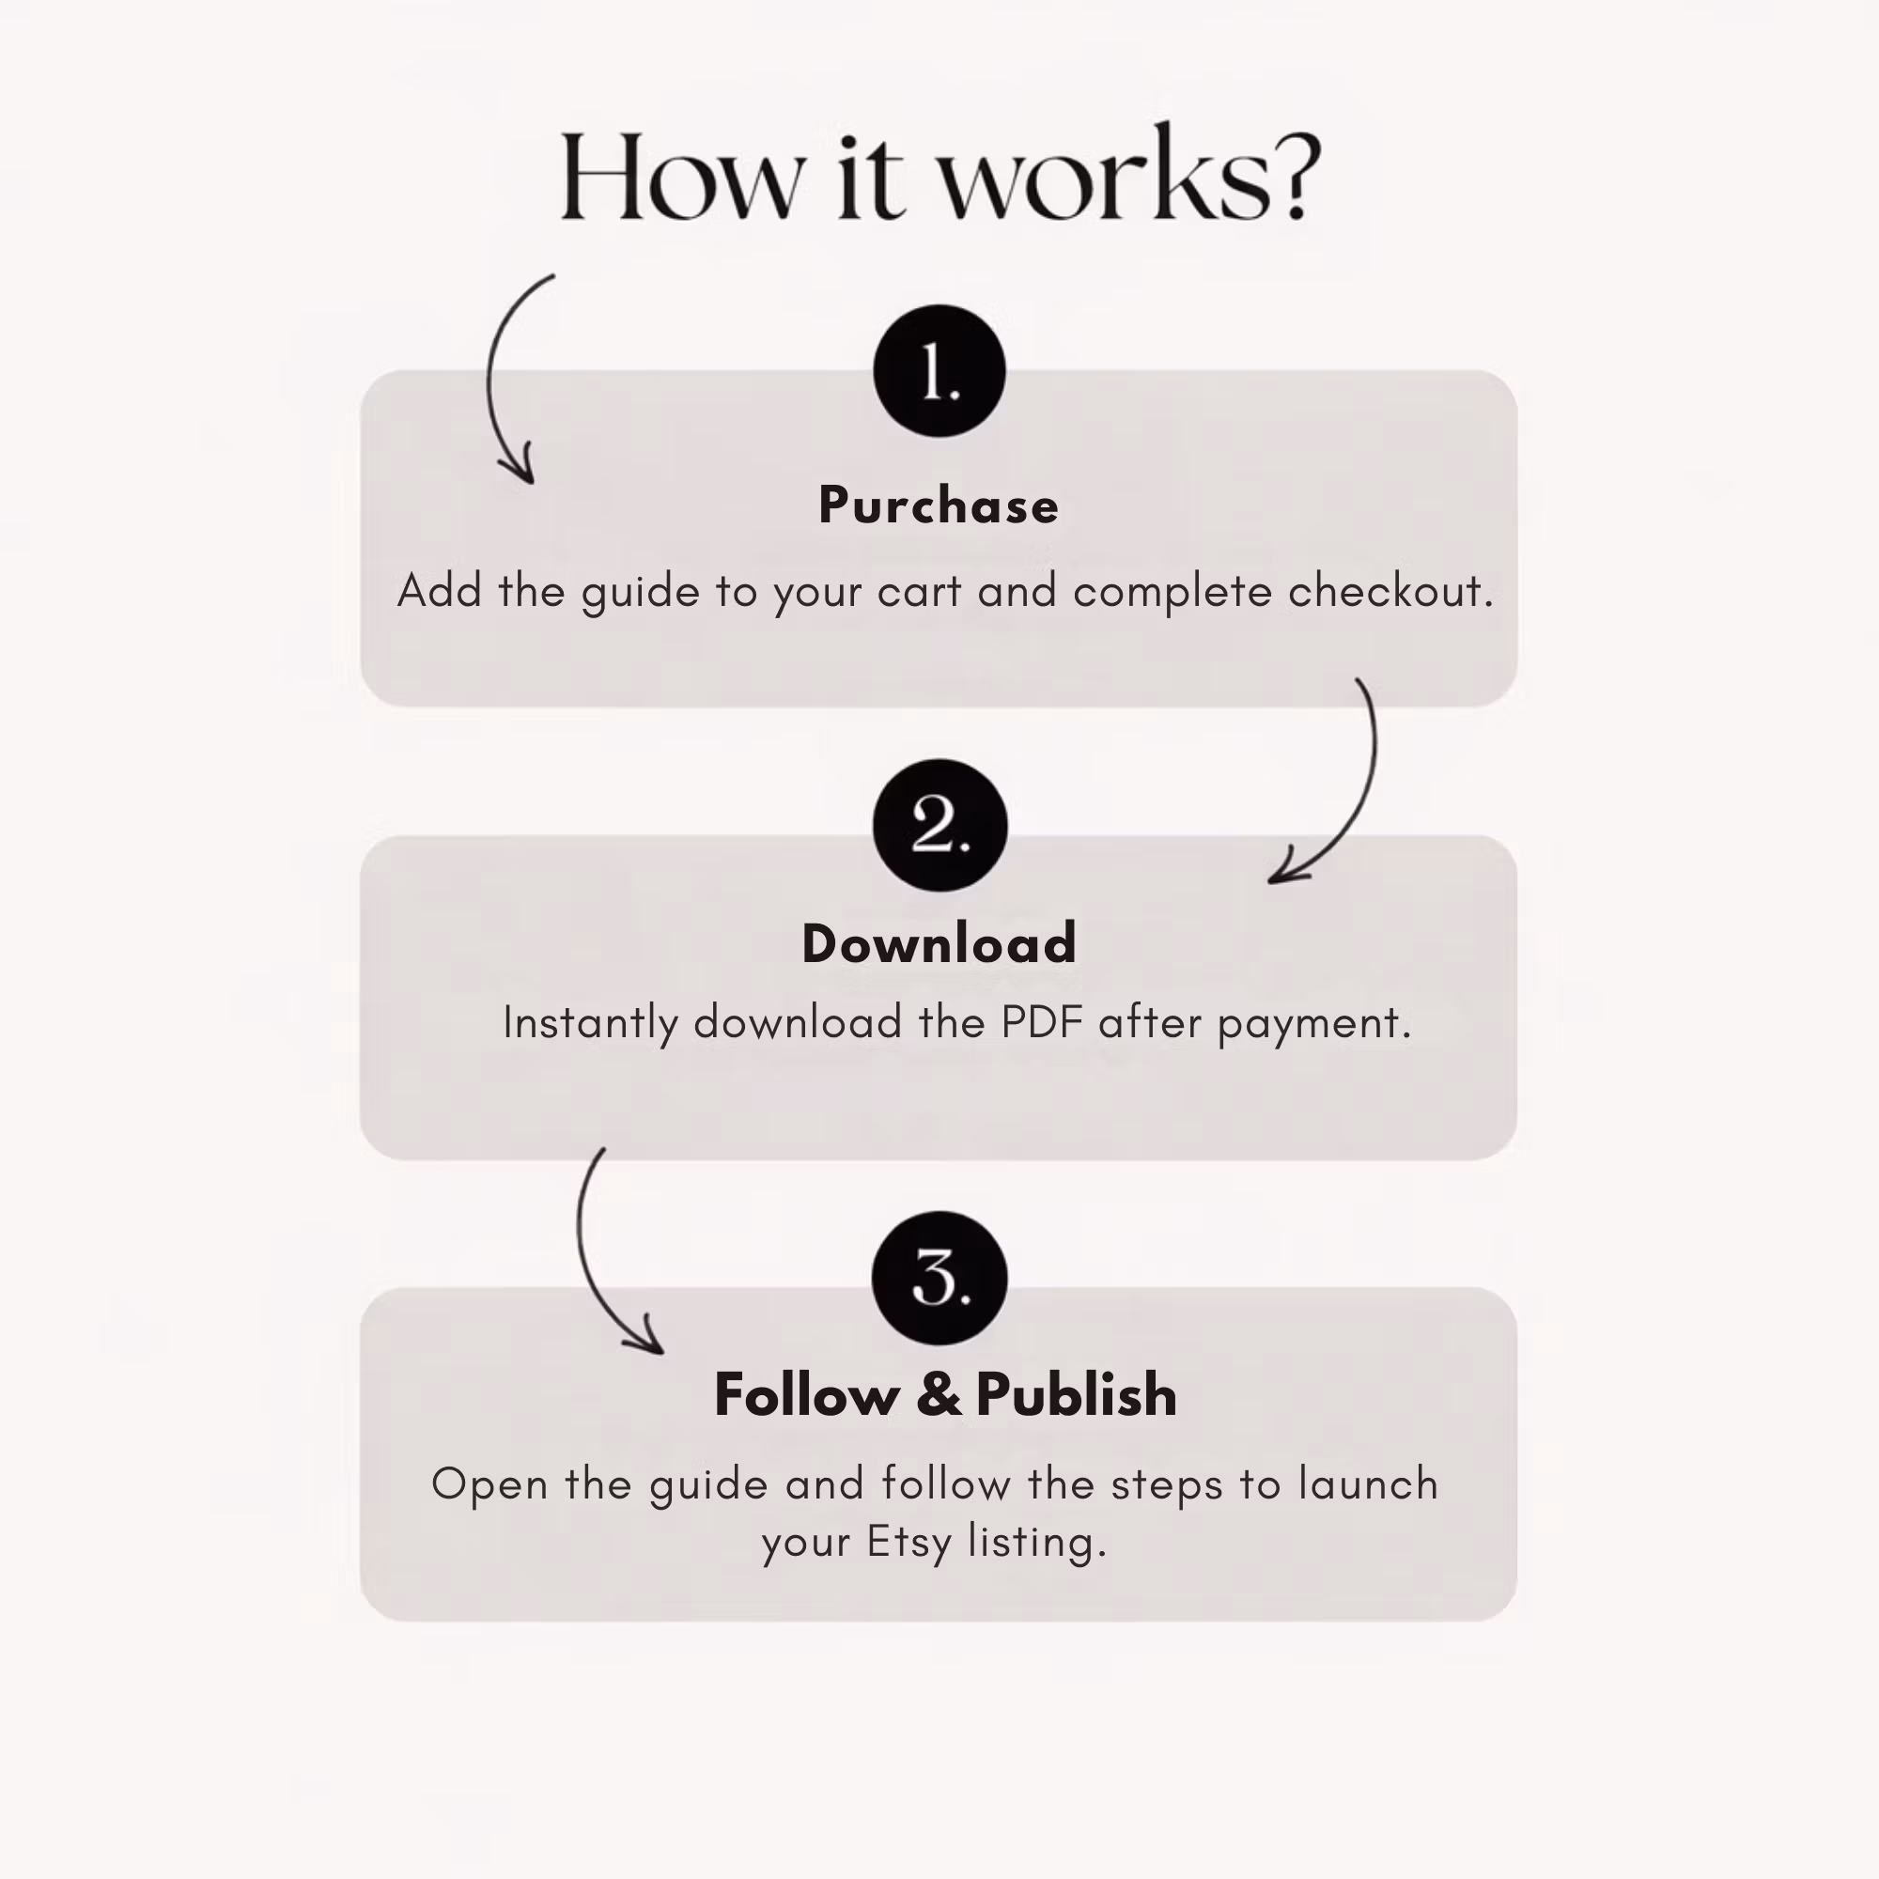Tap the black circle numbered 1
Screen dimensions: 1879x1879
point(939,370)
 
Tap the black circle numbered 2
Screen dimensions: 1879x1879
point(939,825)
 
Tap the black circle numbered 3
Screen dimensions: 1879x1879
point(939,1278)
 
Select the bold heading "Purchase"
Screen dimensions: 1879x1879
point(939,505)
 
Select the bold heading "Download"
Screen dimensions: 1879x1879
point(939,943)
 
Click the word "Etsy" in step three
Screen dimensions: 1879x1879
point(908,1543)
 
